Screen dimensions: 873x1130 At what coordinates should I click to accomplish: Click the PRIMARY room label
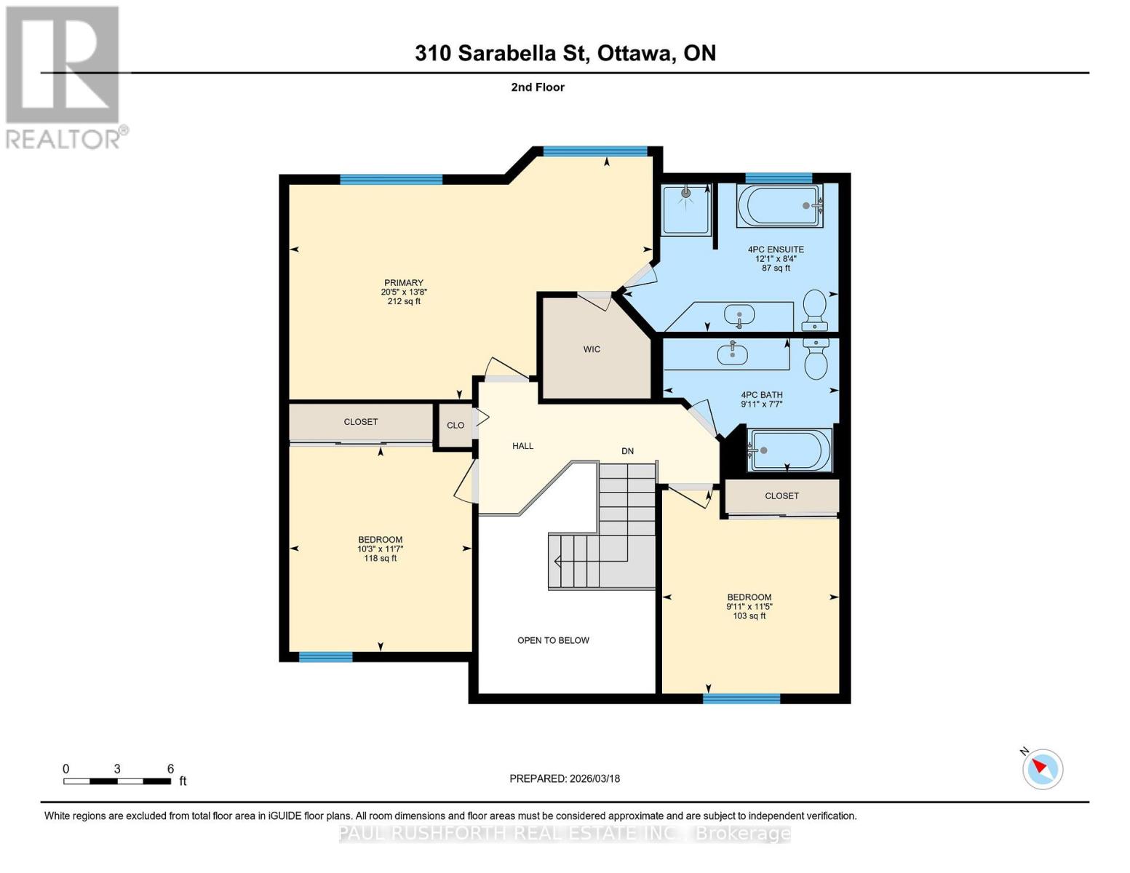coord(404,283)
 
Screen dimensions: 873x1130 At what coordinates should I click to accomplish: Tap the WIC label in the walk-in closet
coord(592,349)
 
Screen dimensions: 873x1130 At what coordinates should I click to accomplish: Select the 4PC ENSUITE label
coord(776,250)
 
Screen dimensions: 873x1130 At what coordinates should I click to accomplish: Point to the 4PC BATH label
coord(761,395)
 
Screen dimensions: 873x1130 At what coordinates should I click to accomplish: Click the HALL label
coord(522,446)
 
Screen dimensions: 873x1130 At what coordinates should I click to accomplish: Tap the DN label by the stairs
coord(627,451)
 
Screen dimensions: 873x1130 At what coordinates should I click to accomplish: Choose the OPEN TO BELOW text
coord(553,640)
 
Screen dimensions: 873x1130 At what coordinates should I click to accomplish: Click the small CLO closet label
coord(455,426)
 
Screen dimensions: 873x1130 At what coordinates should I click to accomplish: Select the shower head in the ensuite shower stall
coord(686,194)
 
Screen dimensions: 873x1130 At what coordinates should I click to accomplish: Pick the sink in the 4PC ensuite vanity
coord(739,316)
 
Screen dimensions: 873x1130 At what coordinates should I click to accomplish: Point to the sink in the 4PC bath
coord(732,354)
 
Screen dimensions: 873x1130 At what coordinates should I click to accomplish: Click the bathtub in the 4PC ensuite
coord(779,206)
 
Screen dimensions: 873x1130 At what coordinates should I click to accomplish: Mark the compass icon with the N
coord(1043,768)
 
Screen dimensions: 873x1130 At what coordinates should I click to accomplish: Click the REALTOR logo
coord(63,76)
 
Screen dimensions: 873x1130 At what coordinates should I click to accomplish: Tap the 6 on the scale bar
coord(170,769)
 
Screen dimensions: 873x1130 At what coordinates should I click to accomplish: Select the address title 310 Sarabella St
coord(565,53)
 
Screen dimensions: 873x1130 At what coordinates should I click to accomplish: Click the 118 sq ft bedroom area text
coord(380,559)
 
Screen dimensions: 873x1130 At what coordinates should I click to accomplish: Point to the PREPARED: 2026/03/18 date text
coord(565,778)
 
